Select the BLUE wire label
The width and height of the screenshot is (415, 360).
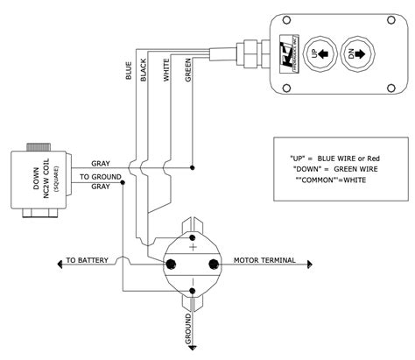click(129, 70)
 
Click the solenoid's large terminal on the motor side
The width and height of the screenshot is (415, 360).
click(211, 262)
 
